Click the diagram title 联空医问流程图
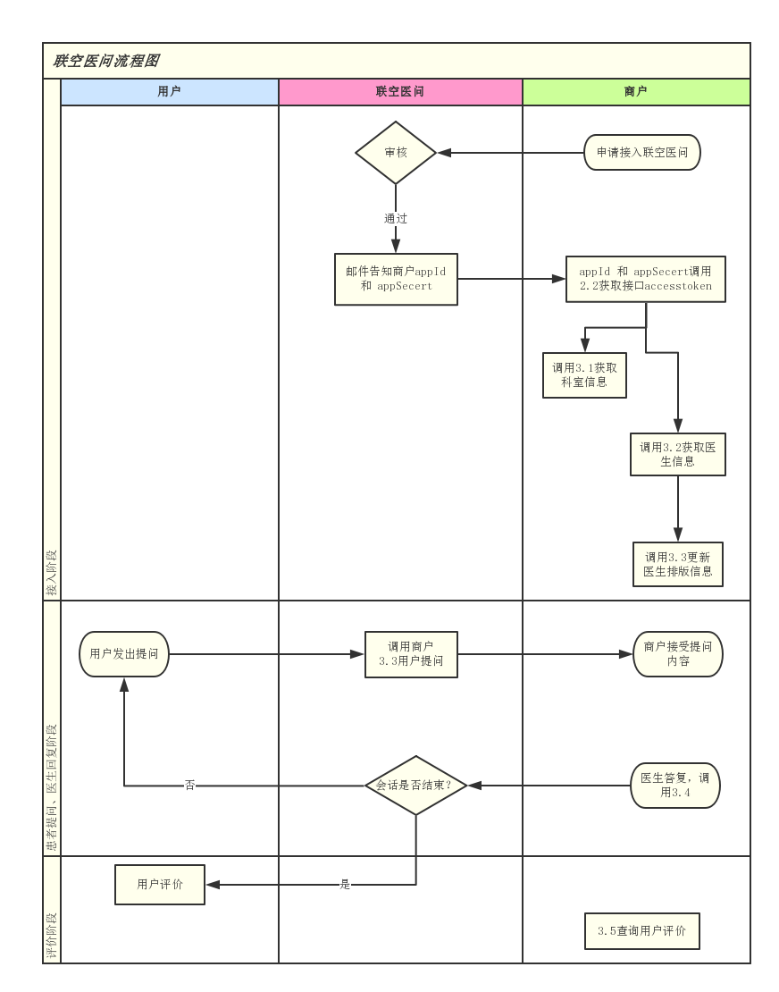[x=105, y=61]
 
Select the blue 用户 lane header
[x=169, y=91]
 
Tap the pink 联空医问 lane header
[x=399, y=91]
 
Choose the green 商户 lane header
[x=635, y=91]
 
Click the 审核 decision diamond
[x=396, y=153]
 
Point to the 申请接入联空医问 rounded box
[x=641, y=153]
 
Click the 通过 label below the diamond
[x=396, y=218]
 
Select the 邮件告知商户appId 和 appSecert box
[x=396, y=279]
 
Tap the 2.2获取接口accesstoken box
[x=645, y=279]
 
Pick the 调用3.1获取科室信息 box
[x=584, y=374]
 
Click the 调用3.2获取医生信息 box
[x=677, y=455]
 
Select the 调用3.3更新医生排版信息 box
[x=677, y=564]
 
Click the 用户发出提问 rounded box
[x=123, y=654]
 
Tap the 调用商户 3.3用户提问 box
[x=411, y=654]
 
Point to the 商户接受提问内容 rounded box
[x=677, y=654]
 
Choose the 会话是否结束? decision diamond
[x=416, y=786]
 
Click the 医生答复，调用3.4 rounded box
[x=674, y=786]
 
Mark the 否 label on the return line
[x=189, y=786]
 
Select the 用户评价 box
[x=160, y=885]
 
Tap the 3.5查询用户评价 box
[x=641, y=931]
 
